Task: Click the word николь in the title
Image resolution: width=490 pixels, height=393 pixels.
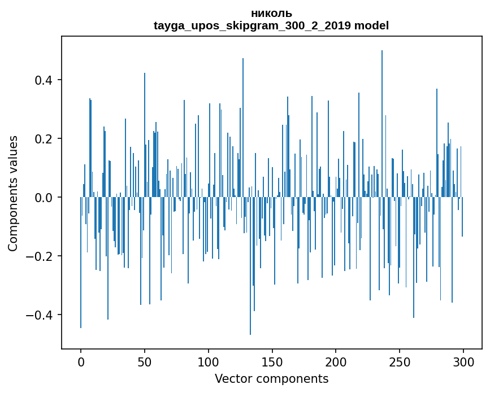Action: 271,14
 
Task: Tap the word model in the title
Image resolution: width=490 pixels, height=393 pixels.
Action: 371,25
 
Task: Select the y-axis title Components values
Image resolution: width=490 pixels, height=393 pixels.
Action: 13,193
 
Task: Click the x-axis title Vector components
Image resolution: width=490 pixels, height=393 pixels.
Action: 271,378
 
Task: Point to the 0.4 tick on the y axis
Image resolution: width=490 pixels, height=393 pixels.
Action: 45,80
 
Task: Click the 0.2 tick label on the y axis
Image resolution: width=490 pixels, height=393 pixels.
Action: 45,138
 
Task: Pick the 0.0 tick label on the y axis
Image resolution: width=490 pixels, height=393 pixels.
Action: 45,197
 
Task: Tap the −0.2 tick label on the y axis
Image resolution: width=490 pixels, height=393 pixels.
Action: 41,256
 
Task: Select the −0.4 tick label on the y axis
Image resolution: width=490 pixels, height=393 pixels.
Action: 41,315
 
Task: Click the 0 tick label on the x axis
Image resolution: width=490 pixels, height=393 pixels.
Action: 81,361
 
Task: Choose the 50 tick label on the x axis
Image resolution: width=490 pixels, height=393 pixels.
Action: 145,361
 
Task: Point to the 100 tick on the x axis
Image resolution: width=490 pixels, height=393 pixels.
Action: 209,361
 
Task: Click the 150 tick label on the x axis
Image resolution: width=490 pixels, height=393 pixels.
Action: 272,361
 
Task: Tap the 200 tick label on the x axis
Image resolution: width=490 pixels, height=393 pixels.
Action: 336,361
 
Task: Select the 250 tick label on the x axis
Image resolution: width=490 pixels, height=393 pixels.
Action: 400,361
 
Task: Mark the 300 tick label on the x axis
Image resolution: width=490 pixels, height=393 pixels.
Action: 463,361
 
